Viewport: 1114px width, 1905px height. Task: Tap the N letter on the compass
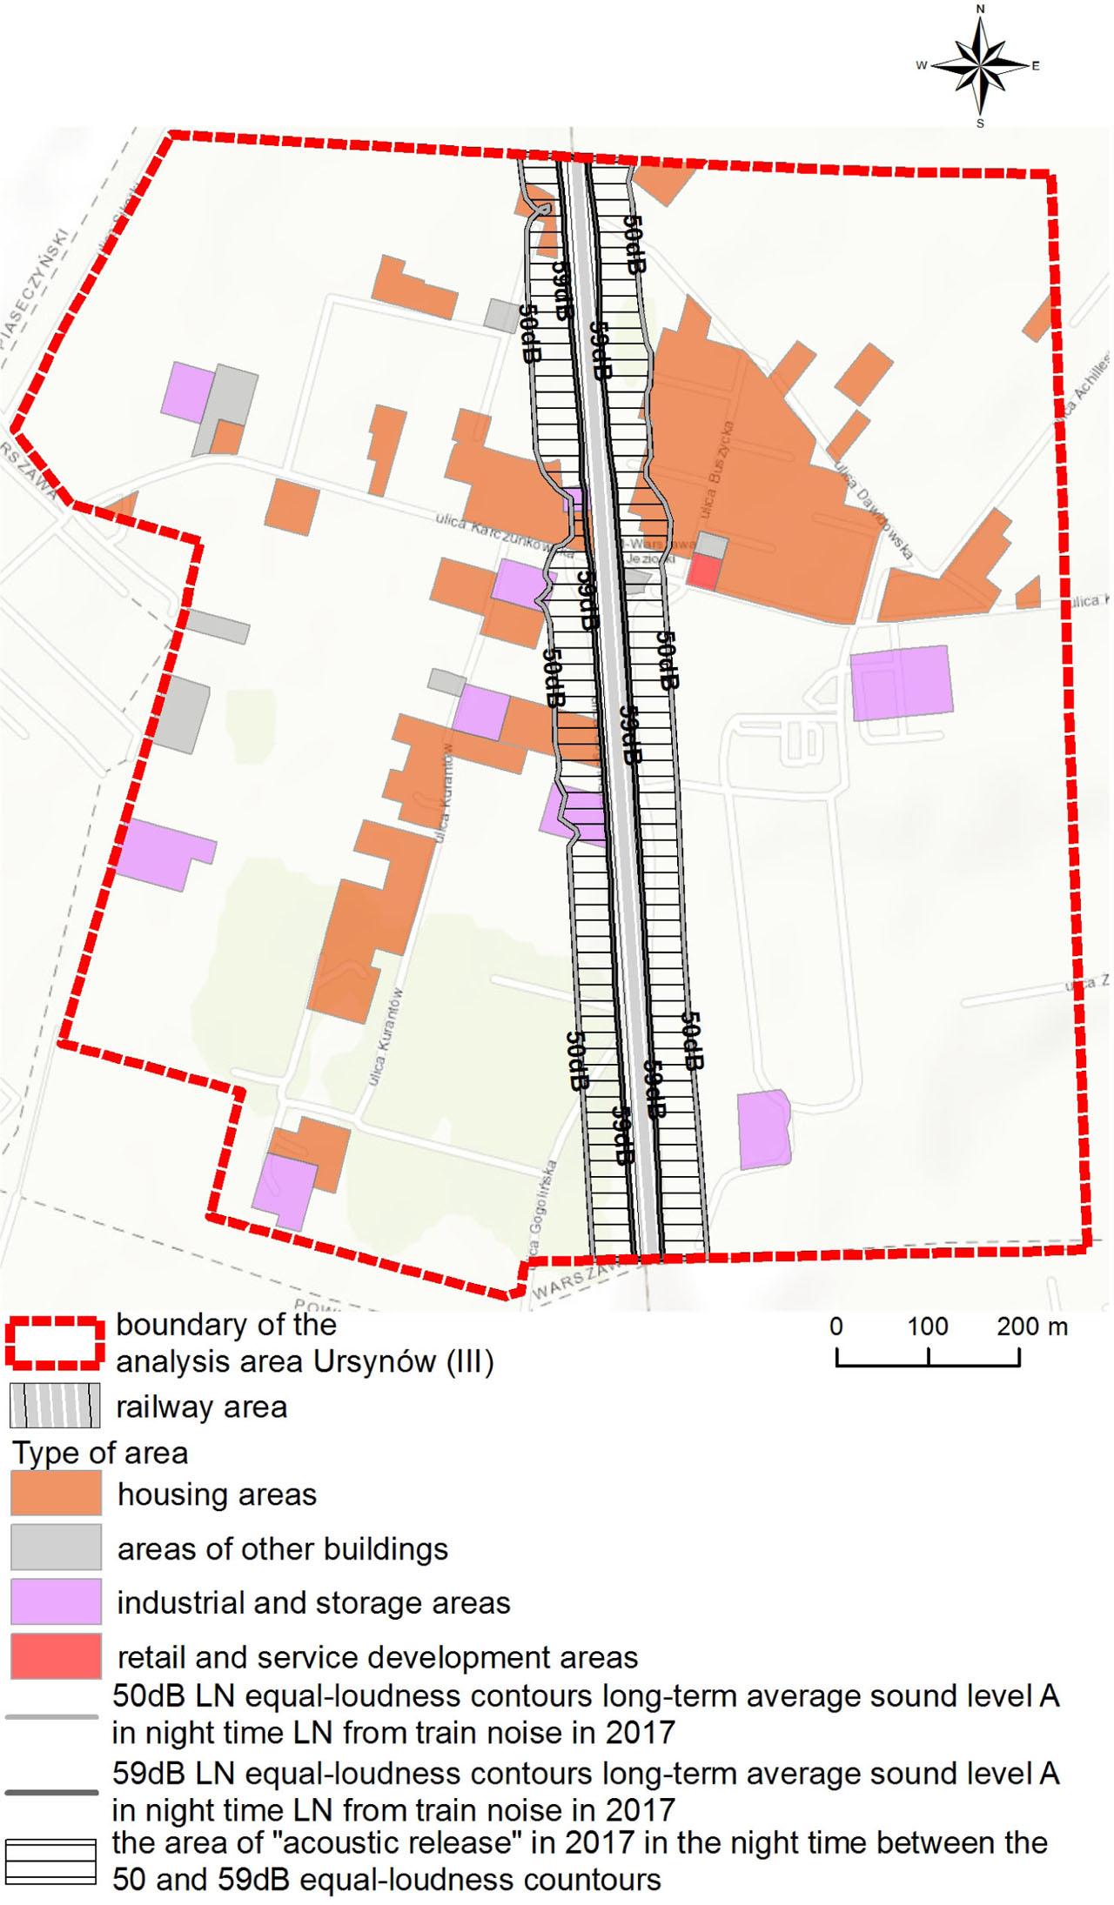(981, 10)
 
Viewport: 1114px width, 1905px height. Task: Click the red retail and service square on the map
(704, 573)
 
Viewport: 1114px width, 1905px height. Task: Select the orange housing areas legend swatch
(56, 1494)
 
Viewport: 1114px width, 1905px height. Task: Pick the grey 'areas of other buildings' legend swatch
(56, 1548)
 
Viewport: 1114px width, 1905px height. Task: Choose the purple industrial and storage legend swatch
(56, 1602)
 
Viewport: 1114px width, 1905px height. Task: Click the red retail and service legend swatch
(56, 1656)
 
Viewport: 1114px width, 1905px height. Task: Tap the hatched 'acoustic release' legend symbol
(50, 1862)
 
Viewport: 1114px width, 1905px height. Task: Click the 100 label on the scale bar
(928, 1327)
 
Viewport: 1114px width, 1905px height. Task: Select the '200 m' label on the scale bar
(1032, 1327)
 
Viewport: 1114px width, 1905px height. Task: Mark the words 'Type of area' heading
(100, 1453)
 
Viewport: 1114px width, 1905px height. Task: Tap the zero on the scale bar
(836, 1327)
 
